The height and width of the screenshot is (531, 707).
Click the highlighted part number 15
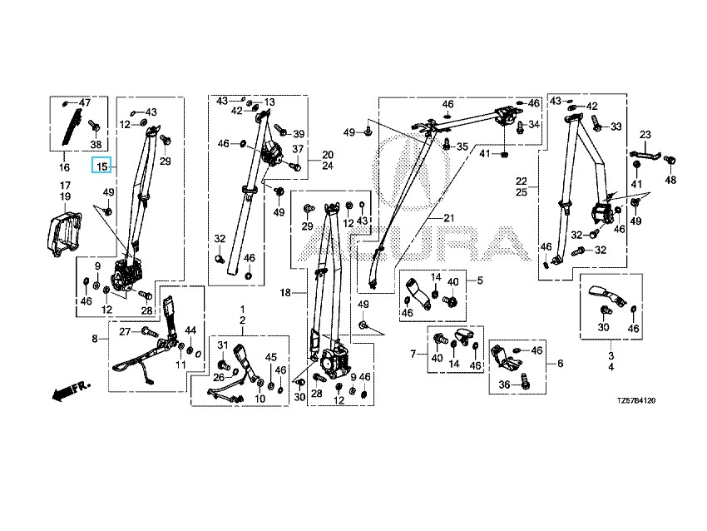101,166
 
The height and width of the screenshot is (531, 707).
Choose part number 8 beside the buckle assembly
94,339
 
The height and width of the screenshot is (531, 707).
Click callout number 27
126,331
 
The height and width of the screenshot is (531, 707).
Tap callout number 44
190,330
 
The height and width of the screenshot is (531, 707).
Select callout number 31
223,345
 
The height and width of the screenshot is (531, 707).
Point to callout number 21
451,219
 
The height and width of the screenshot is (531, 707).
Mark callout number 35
462,146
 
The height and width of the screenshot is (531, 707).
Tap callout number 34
534,125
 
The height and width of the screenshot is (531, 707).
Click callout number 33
616,127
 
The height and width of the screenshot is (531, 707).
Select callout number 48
670,179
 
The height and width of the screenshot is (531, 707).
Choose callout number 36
503,385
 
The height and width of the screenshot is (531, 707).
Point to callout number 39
299,134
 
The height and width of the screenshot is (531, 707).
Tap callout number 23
645,135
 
